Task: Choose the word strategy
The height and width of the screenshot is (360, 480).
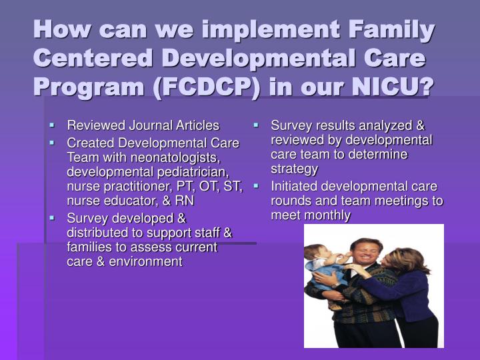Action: [295, 169]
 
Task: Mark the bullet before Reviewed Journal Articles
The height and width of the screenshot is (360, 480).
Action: [52, 124]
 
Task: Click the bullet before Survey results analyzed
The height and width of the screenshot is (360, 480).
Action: [256, 124]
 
